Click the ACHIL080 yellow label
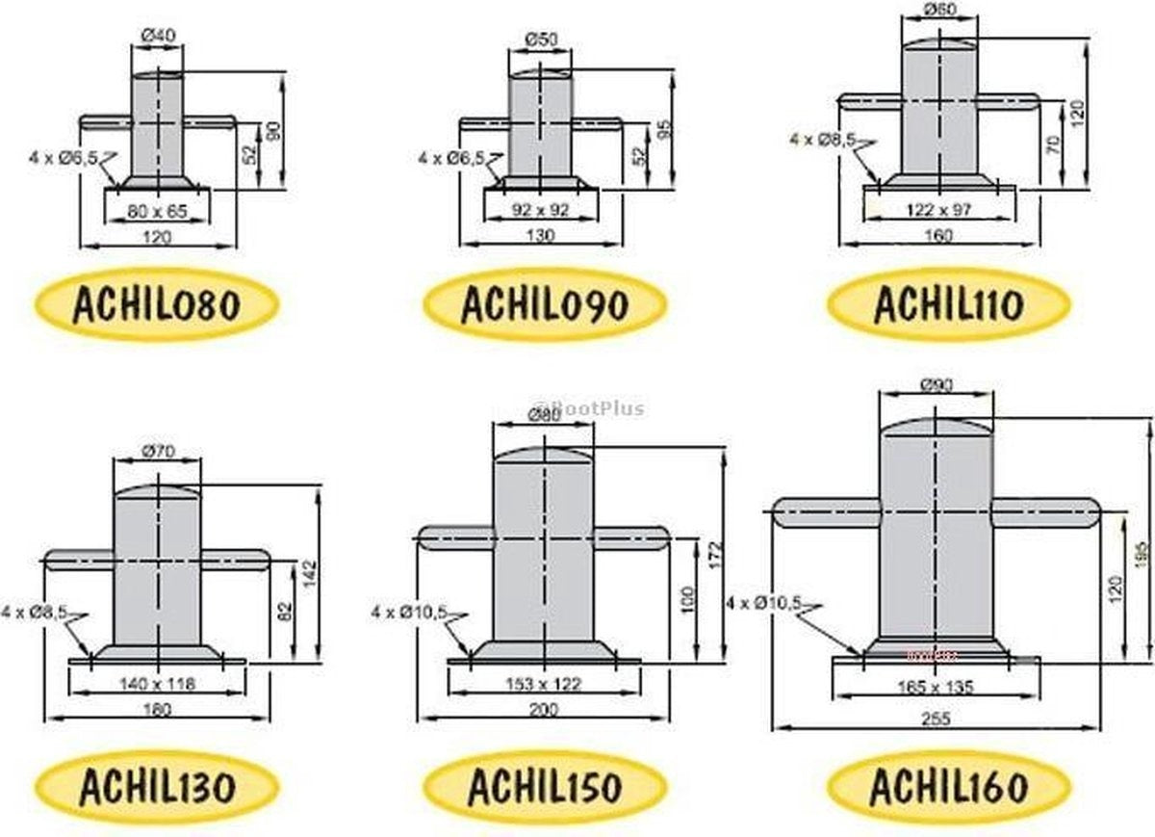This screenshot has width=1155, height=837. tap(155, 305)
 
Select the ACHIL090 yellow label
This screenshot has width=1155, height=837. tap(544, 305)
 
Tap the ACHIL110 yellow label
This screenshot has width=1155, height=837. tap(948, 305)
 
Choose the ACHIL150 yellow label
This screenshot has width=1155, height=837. tap(544, 787)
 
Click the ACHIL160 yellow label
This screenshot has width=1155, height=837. tap(948, 787)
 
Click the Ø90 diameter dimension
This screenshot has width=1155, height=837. tap(936, 385)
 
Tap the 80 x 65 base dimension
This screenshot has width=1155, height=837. tap(157, 209)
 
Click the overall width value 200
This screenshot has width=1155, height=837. tap(544, 708)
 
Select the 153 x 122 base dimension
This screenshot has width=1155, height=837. tap(544, 684)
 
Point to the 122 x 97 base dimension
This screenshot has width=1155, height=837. tap(939, 208)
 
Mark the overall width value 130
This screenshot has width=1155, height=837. tap(542, 234)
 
